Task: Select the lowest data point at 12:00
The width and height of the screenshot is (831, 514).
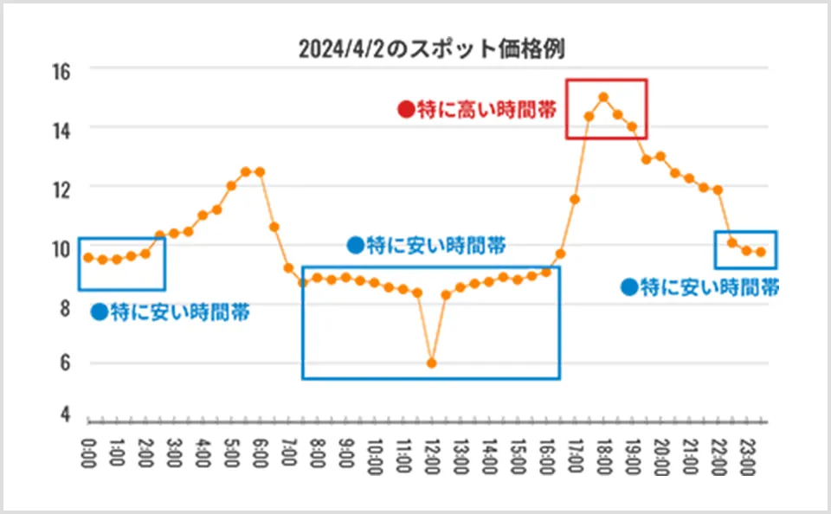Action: click(431, 363)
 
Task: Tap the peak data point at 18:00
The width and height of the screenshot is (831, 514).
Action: click(603, 98)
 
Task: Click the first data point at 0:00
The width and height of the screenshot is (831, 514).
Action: click(88, 257)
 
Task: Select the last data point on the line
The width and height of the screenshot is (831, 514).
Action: click(761, 252)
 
